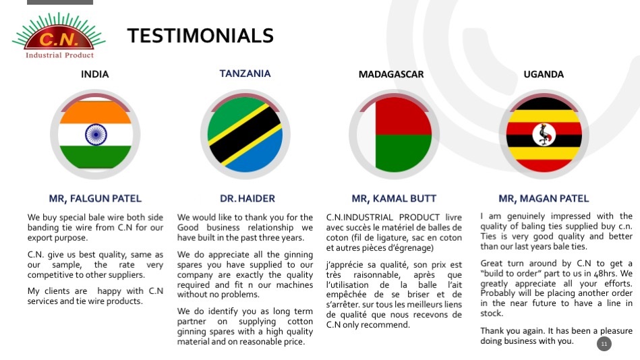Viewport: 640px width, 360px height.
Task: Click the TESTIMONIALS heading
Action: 200,36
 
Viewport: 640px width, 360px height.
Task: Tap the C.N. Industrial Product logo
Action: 59,36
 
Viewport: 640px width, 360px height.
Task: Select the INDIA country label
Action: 94,74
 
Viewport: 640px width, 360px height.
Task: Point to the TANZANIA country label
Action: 245,73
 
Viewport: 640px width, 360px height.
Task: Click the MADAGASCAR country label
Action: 391,74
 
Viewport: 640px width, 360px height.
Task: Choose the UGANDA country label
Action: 544,74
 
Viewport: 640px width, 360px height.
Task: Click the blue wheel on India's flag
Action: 96,134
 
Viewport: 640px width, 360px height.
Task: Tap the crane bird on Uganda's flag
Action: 544,135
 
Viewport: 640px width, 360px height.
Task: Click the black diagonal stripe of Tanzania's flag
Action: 245,135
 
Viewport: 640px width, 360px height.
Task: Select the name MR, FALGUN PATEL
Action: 95,199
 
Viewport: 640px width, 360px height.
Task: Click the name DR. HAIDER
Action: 248,199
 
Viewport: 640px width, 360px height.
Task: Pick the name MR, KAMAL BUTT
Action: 394,199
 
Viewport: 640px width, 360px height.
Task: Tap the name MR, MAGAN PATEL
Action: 544,199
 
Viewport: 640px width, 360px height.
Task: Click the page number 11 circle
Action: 604,344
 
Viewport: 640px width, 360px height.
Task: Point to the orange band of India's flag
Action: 96,112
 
